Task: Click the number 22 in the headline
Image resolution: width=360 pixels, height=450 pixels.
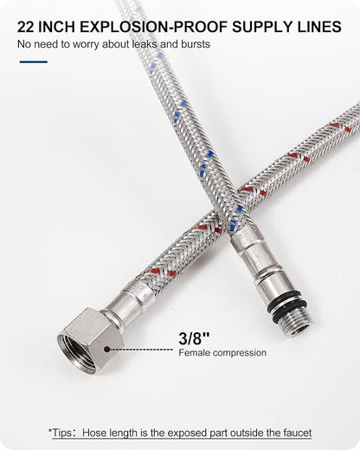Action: pos(26,27)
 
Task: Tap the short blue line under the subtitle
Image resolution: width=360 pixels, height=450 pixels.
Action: pos(34,61)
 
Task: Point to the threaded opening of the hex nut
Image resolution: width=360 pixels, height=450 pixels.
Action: pos(75,354)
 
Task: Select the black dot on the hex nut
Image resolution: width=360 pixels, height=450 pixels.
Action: pos(107,349)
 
